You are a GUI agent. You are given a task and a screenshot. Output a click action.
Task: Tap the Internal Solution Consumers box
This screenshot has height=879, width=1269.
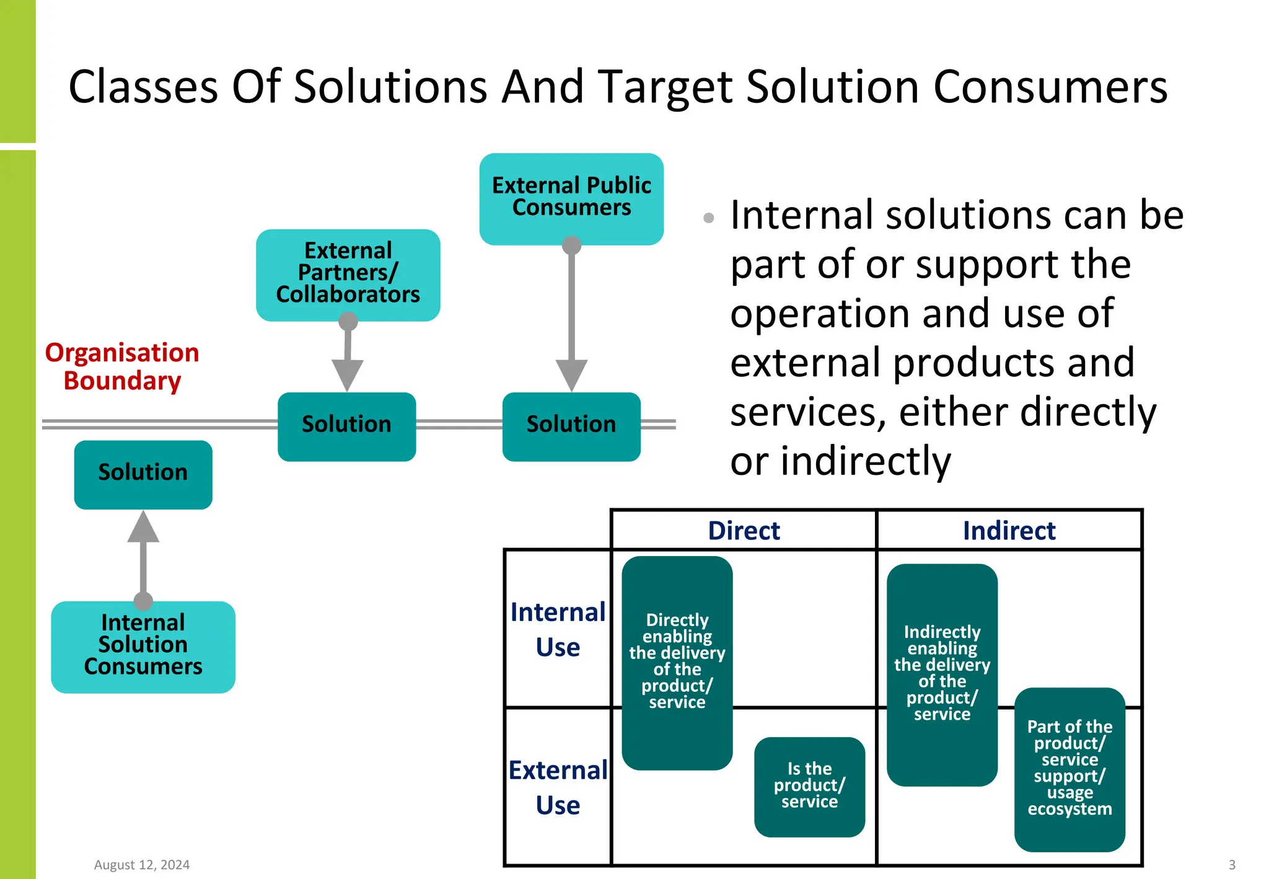143,646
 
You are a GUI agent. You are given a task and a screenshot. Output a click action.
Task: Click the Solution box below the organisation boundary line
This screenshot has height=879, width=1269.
143,474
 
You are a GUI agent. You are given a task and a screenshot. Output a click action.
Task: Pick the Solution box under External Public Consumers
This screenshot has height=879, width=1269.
571,426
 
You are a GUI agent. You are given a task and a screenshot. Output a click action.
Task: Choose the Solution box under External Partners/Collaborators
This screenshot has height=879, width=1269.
346,426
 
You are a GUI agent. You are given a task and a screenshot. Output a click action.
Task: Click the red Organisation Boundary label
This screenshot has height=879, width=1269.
122,366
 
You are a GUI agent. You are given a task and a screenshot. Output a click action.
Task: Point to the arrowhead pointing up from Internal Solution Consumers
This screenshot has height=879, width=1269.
143,528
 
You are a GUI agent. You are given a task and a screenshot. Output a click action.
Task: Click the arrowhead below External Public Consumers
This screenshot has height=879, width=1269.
571,374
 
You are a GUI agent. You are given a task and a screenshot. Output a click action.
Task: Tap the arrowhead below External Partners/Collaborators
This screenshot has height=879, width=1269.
347,374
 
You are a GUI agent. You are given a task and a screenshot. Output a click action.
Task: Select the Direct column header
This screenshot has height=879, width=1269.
744,531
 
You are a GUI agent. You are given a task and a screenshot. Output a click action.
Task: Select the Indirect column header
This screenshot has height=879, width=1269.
1009,531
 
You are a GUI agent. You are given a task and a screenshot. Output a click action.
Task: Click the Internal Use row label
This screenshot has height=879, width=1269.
558,629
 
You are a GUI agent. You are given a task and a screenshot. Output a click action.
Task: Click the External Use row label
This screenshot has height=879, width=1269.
558,787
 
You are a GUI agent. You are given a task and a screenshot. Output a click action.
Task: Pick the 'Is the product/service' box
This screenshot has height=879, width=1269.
809,786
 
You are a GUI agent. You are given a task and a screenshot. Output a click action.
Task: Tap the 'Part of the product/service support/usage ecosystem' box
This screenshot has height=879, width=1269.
1069,769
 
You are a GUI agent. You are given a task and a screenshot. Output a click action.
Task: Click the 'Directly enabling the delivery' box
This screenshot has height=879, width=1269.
677,662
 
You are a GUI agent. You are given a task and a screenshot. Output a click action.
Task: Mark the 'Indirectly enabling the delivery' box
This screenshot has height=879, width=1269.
942,674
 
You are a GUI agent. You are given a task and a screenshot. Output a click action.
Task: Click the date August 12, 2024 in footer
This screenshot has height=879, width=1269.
142,865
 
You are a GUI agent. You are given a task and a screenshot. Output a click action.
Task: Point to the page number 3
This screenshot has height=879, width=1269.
1232,865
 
